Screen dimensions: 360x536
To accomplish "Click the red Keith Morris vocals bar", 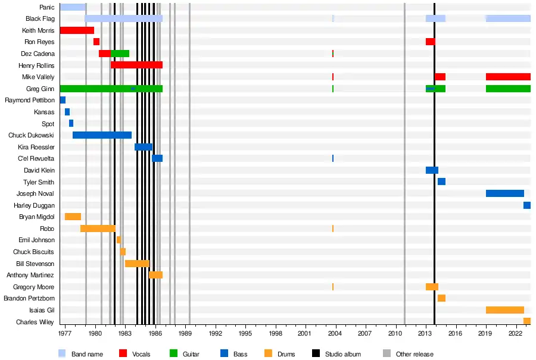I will [77, 30].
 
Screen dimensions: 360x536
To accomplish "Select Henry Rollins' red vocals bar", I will [136, 65].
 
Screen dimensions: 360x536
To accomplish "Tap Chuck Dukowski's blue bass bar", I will [102, 135].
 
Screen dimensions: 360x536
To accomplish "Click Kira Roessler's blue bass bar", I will [143, 147].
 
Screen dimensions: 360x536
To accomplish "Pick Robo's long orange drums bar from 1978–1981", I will [98, 228].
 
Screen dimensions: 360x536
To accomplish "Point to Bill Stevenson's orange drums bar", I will [137, 264].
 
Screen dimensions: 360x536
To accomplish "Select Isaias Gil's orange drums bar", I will [504, 310].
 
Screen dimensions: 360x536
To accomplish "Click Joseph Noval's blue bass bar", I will [504, 193].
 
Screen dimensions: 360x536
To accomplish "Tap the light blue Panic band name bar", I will [73, 7].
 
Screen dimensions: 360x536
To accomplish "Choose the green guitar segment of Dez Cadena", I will [120, 54].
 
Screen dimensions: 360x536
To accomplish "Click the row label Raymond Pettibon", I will [30, 100].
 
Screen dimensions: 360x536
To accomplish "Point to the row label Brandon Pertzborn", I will [29, 298].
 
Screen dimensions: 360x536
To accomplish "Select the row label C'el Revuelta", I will [36, 158].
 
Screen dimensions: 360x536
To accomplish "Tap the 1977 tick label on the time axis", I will [66, 334].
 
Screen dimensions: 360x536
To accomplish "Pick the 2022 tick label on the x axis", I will [515, 334].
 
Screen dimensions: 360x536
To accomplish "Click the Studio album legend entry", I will [342, 354].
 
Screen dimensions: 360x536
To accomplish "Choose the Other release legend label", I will [415, 354].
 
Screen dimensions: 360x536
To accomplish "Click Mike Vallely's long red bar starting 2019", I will [508, 77].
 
